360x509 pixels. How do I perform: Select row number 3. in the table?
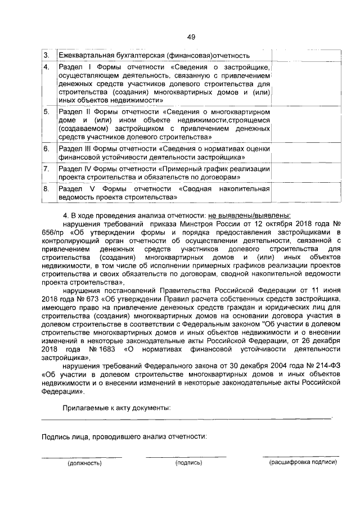point(46,56)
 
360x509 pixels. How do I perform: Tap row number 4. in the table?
point(46,68)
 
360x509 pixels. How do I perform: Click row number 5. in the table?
point(46,112)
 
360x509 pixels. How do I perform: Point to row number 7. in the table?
point(46,169)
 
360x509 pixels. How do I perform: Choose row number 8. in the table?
point(46,190)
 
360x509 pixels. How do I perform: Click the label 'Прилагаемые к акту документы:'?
point(116,407)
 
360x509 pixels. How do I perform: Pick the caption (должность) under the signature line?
point(84,463)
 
